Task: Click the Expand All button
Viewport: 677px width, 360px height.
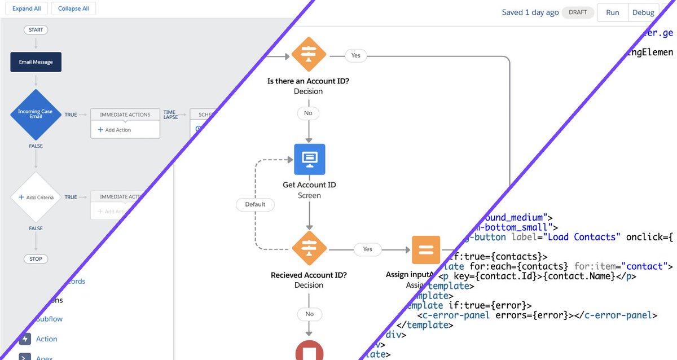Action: tap(26, 9)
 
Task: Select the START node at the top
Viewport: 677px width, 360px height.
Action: tap(36, 30)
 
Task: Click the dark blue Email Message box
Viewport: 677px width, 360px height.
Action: tap(36, 62)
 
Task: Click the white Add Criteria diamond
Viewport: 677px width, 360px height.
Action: tap(36, 197)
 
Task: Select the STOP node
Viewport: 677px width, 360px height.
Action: tap(36, 259)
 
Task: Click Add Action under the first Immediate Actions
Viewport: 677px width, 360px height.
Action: tap(115, 130)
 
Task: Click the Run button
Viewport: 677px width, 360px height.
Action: tap(612, 12)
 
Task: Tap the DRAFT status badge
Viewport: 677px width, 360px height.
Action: tap(578, 12)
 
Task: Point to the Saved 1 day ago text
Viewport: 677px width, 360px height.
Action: tap(530, 12)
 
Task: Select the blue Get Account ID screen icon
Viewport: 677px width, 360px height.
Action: tap(309, 159)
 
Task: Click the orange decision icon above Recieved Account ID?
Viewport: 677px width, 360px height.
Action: tap(309, 249)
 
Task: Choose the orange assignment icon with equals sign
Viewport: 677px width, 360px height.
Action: tap(425, 249)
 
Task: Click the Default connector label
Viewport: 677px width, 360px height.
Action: tap(255, 204)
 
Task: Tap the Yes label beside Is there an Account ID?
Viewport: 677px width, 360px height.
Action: tap(356, 55)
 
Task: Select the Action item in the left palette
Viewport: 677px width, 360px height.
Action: tap(46, 339)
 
